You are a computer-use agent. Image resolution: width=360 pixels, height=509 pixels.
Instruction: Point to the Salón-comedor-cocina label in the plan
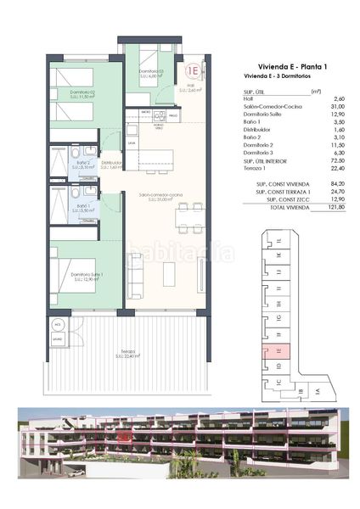click(x=160, y=196)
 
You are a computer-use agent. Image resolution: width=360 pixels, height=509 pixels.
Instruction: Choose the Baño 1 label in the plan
click(x=82, y=206)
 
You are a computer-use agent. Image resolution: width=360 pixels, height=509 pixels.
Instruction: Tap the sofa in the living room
click(x=136, y=273)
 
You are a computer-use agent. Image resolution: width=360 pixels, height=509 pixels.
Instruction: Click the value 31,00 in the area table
click(x=320, y=105)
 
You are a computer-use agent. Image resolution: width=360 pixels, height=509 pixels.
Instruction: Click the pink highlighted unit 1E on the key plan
click(x=280, y=349)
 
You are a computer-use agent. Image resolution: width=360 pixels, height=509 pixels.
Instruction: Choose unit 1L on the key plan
click(x=280, y=244)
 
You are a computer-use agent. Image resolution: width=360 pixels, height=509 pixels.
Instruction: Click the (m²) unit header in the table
click(x=317, y=91)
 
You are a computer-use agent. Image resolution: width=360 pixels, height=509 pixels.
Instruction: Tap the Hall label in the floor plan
click(x=191, y=86)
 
